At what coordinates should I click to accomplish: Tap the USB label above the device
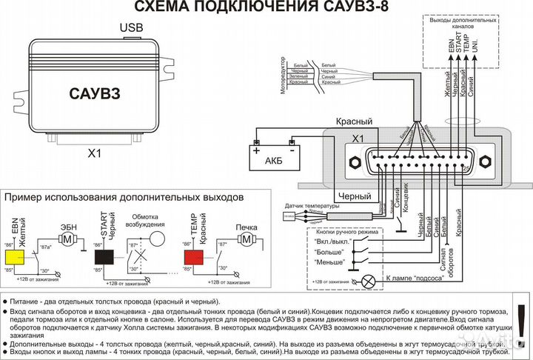pos(132,28)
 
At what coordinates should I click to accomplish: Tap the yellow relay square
pos(13,256)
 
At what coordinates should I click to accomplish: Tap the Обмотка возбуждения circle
pos(156,239)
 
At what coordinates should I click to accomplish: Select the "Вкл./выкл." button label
pos(334,242)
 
